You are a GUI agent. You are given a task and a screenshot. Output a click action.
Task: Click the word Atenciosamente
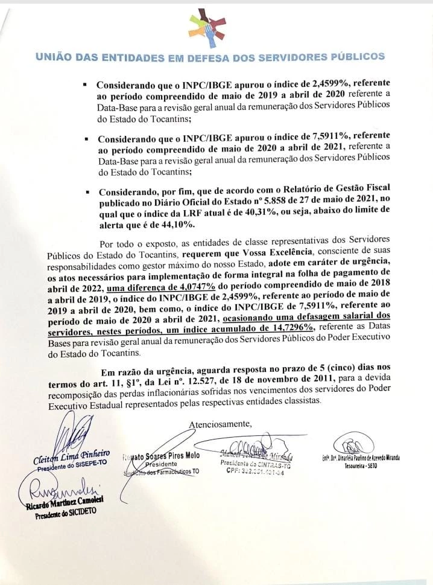221,424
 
